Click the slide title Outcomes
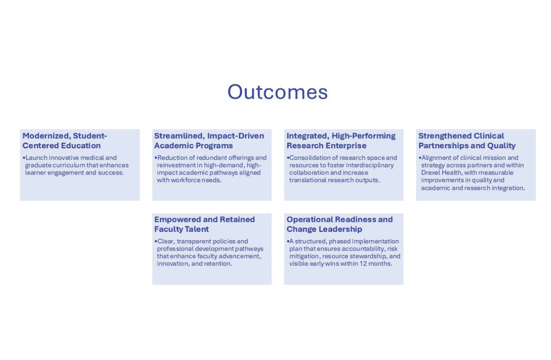pyautogui.click(x=277, y=92)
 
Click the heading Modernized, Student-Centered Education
pyautogui.click(x=65, y=141)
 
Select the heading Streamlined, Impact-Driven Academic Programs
pyautogui.click(x=209, y=141)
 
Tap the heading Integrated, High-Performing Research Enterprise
pyautogui.click(x=341, y=141)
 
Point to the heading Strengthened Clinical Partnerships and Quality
pyautogui.click(x=467, y=141)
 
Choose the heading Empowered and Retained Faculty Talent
pyautogui.click(x=204, y=224)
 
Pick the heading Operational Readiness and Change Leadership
pyautogui.click(x=339, y=224)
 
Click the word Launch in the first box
pyautogui.click(x=36, y=158)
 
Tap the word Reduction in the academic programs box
pyautogui.click(x=172, y=158)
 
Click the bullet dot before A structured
pyautogui.click(x=288, y=242)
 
